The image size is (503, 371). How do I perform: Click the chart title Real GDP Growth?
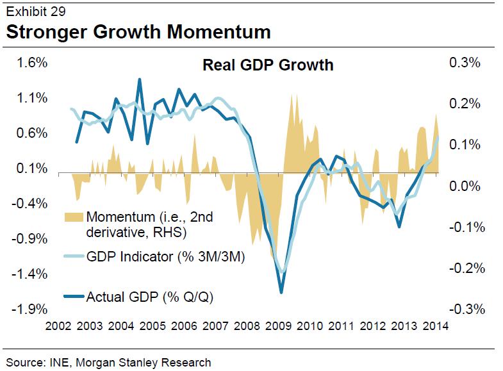tap(268, 65)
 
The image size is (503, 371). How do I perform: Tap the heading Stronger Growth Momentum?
tap(138, 32)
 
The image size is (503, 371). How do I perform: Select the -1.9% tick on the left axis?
tap(33, 309)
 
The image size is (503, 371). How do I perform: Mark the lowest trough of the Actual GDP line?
tap(281, 293)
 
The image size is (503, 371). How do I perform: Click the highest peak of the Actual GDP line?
tap(140, 79)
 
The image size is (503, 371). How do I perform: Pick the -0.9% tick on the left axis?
tap(33, 239)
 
